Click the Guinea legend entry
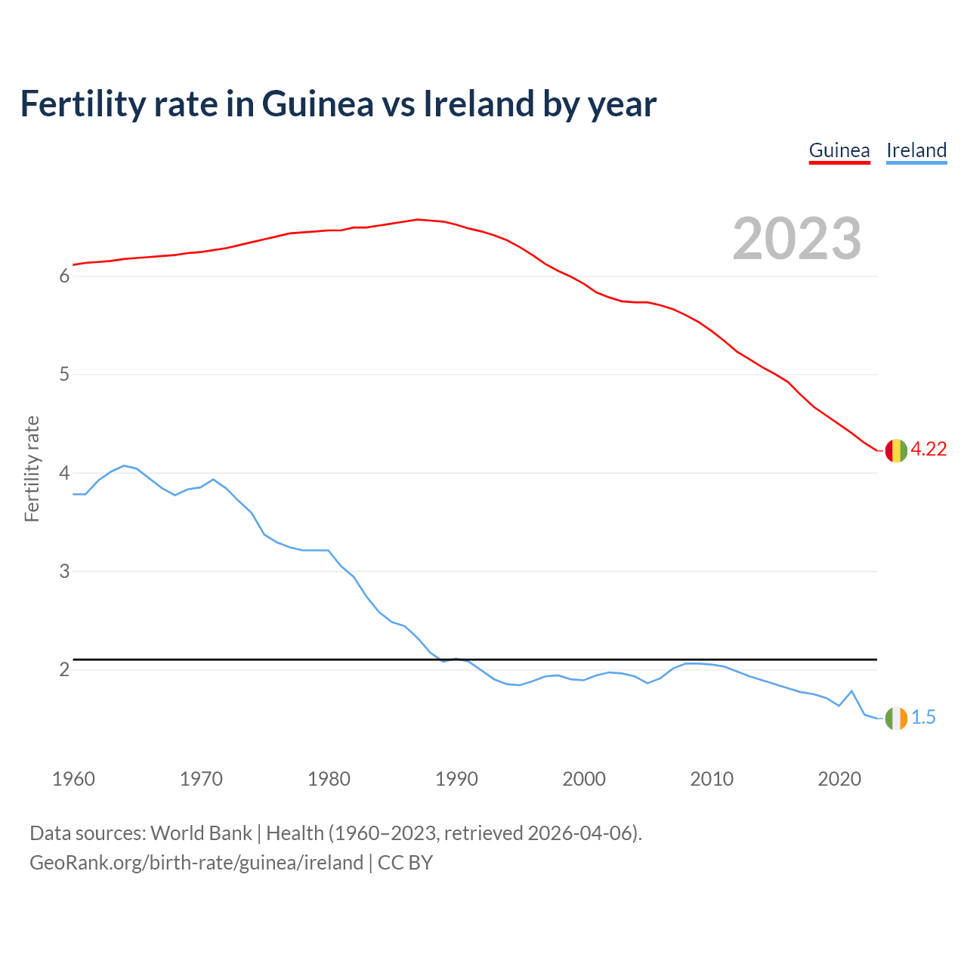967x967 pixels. pyautogui.click(x=839, y=150)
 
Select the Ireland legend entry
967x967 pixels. pyautogui.click(x=916, y=150)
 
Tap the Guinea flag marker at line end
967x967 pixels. pyautogui.click(x=896, y=450)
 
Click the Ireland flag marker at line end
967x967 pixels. pyautogui.click(x=896, y=718)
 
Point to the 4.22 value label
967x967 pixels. pyautogui.click(x=928, y=449)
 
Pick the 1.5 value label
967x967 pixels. pyautogui.click(x=923, y=718)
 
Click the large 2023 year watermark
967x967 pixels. pyautogui.click(x=797, y=239)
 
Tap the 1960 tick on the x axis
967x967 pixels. pyautogui.click(x=73, y=779)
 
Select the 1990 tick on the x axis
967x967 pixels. pyautogui.click(x=456, y=779)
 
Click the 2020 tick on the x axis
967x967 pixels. pyautogui.click(x=839, y=779)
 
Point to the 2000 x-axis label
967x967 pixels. pyautogui.click(x=584, y=779)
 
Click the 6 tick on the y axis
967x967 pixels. pyautogui.click(x=64, y=277)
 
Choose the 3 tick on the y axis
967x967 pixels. pyautogui.click(x=64, y=572)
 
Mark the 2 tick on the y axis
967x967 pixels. pyautogui.click(x=64, y=670)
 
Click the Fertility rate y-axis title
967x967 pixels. pyautogui.click(x=32, y=468)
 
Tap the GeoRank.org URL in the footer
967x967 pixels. pyautogui.click(x=196, y=863)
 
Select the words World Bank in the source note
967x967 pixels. pyautogui.click(x=201, y=833)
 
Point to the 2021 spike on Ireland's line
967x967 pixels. pyautogui.click(x=851, y=690)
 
